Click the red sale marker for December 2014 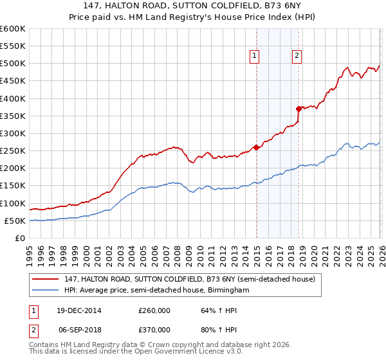point(256,147)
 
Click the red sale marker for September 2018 point(299,109)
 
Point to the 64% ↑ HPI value point(210,310)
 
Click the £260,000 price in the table point(154,310)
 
